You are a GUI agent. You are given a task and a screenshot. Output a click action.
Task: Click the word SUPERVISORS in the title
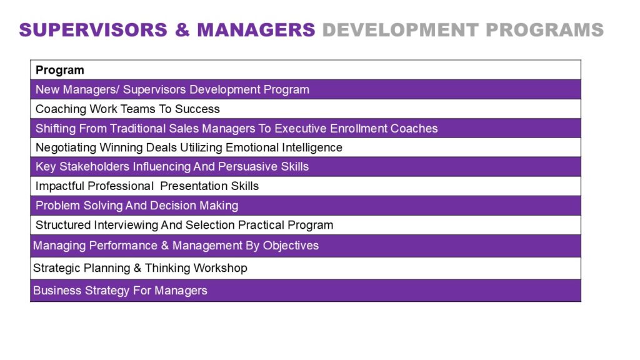pyautogui.click(x=93, y=30)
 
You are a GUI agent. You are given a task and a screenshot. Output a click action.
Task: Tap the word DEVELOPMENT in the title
pyautogui.click(x=401, y=30)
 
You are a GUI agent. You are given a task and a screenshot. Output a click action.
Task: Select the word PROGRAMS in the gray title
pyautogui.click(x=544, y=30)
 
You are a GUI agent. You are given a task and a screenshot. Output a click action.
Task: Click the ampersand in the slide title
pyautogui.click(x=182, y=30)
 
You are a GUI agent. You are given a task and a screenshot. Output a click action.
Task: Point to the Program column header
pyautogui.click(x=60, y=70)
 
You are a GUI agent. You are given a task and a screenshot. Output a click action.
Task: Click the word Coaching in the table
pyautogui.click(x=61, y=109)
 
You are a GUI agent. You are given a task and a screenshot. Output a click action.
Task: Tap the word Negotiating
pyautogui.click(x=66, y=147)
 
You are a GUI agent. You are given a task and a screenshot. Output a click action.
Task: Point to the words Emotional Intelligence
pyautogui.click(x=284, y=147)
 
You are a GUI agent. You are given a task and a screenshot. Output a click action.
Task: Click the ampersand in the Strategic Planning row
pyautogui.click(x=137, y=268)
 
